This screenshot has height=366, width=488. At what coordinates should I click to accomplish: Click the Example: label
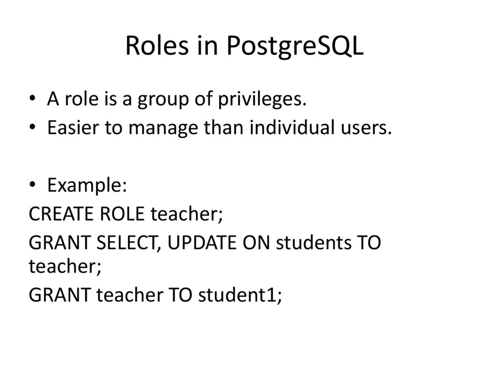[x=87, y=186]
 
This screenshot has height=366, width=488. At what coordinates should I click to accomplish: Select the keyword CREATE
[x=61, y=214]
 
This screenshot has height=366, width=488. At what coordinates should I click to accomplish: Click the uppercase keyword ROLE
[x=122, y=214]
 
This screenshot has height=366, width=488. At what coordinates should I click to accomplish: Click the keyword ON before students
[x=257, y=243]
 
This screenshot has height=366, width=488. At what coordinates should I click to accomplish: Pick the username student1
[x=240, y=295]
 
